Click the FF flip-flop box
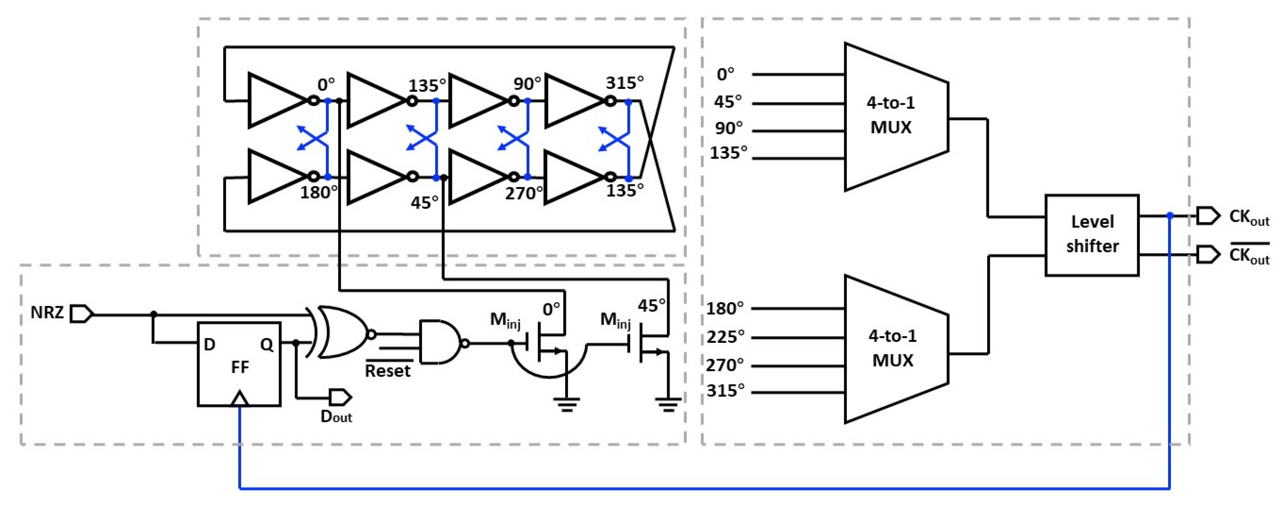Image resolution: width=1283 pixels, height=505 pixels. click(239, 364)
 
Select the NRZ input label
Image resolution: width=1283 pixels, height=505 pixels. click(47, 313)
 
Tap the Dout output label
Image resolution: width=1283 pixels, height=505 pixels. click(336, 416)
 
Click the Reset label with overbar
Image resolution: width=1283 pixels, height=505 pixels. click(387, 370)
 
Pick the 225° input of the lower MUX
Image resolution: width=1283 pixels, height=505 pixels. click(725, 337)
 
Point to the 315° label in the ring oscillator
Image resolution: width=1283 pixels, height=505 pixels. click(625, 83)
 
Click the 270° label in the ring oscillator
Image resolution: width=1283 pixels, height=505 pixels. click(524, 193)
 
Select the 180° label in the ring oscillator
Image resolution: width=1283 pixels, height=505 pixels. click(318, 192)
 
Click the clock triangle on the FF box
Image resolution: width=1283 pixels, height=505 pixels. click(240, 399)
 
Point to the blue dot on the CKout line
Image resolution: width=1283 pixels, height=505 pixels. click(1169, 215)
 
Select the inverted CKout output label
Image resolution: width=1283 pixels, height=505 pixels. click(1249, 255)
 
